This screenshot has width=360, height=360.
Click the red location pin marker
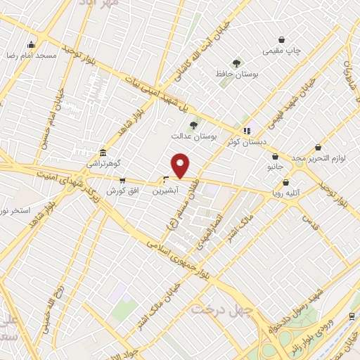(181, 165)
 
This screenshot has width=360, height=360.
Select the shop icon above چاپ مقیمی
(282, 40)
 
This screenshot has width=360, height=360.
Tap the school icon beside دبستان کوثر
(246, 130)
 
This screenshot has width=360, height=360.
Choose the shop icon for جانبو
(275, 156)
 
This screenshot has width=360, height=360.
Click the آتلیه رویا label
(288, 191)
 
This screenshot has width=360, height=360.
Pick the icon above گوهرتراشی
(103, 153)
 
